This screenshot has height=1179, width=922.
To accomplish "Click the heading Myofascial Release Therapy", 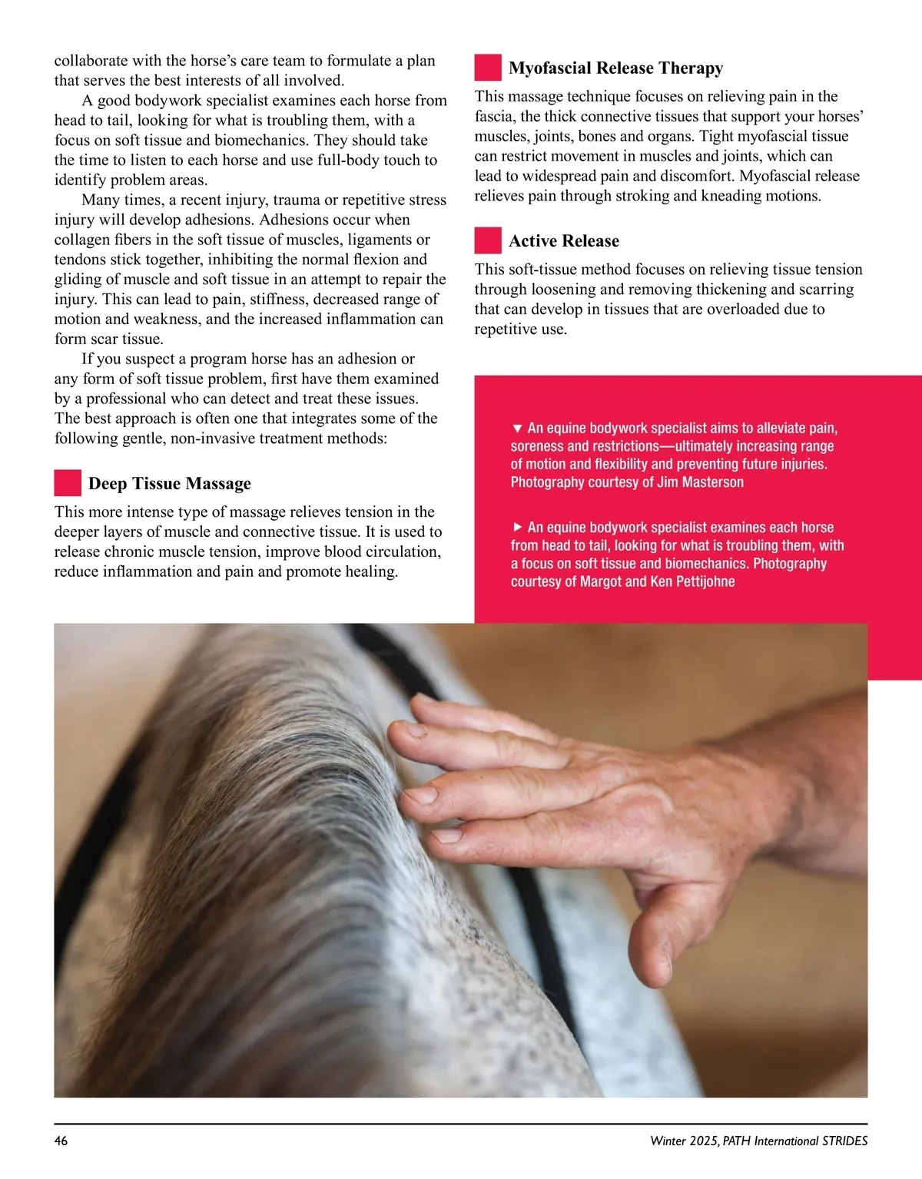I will click(615, 68).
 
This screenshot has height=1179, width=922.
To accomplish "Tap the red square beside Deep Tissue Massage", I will click(68, 483).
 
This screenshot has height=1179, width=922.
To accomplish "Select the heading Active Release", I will click(563, 241).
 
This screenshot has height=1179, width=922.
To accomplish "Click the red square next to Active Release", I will click(488, 240).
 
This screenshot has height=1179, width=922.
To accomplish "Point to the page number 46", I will click(61, 1141).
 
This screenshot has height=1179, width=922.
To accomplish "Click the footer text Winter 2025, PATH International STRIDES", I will click(758, 1141).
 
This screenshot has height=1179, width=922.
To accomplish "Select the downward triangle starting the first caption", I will click(517, 428).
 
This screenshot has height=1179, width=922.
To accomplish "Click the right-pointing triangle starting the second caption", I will click(517, 527).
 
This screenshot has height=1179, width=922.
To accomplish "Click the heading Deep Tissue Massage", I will click(169, 484).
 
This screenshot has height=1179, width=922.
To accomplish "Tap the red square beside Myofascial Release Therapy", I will click(488, 68).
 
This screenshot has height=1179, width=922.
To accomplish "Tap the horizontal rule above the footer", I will click(461, 1124).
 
